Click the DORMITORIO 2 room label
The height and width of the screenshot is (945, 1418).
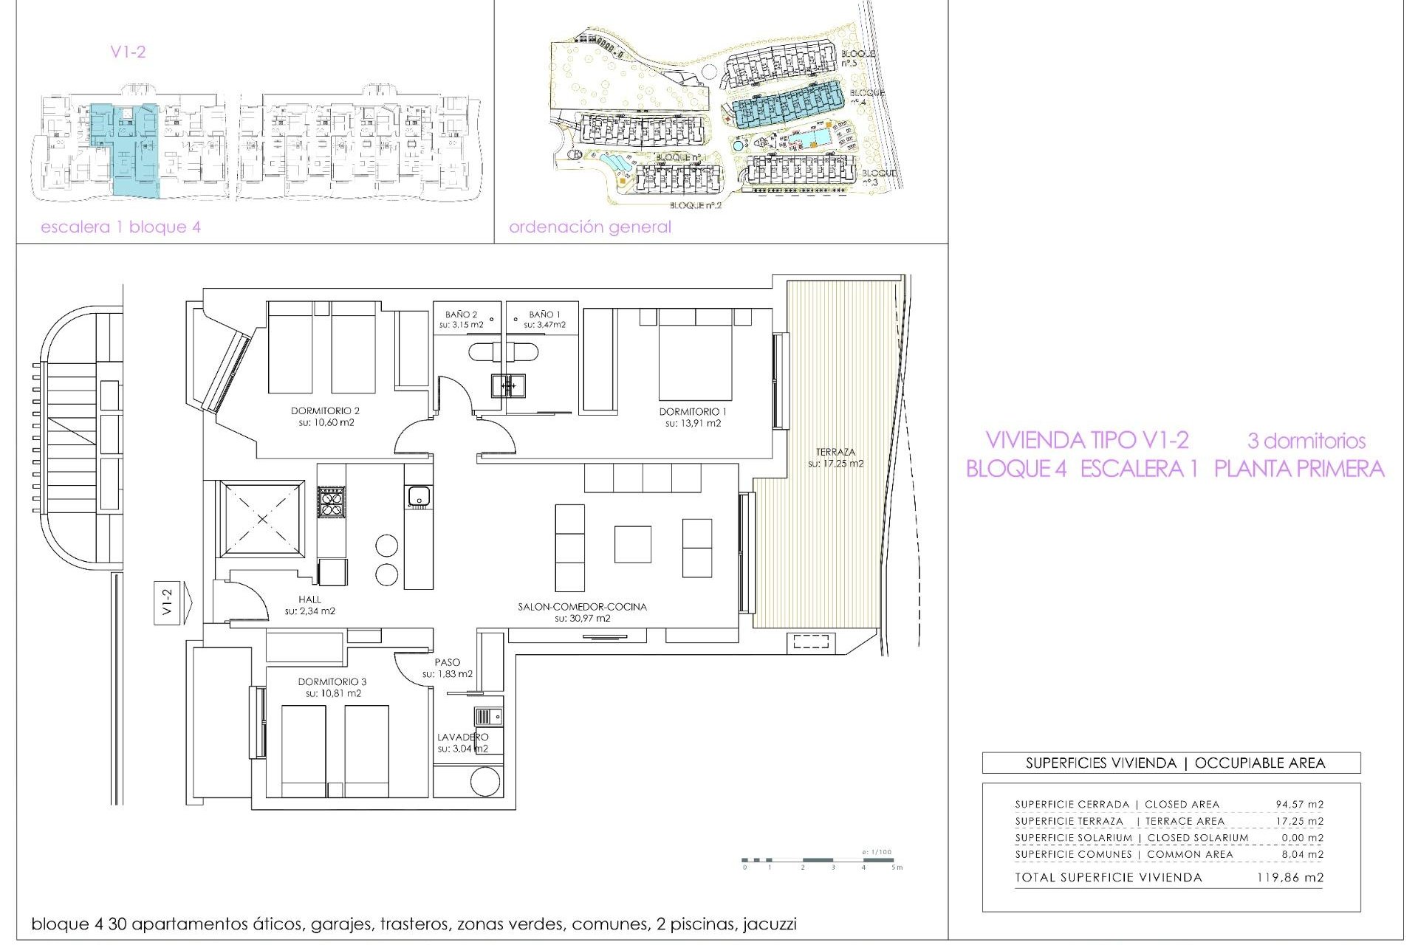click(x=325, y=410)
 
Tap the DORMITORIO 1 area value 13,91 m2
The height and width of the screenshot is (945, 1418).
click(x=693, y=424)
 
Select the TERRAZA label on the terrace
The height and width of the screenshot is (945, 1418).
click(x=835, y=452)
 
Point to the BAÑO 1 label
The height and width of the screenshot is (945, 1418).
click(x=544, y=315)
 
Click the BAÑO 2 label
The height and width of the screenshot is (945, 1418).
click(x=461, y=315)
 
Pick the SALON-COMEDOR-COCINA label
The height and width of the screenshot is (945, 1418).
click(x=582, y=607)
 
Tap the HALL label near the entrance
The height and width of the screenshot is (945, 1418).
click(x=310, y=599)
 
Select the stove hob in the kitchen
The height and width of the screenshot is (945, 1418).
click(x=331, y=502)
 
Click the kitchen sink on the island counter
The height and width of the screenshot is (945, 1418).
click(x=418, y=496)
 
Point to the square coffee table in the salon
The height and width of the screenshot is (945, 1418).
click(x=632, y=544)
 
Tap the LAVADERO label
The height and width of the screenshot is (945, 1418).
click(x=462, y=737)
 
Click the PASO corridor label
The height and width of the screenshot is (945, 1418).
click(x=447, y=662)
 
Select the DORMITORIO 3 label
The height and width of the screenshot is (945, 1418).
click(x=332, y=681)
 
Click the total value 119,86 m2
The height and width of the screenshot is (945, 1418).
click(x=1289, y=878)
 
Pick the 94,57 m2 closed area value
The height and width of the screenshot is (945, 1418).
click(x=1299, y=805)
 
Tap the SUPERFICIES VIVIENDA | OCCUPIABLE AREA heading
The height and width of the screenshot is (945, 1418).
click(x=1175, y=763)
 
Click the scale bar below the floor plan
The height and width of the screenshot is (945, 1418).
click(x=820, y=860)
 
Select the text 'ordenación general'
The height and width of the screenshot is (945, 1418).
click(x=589, y=227)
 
